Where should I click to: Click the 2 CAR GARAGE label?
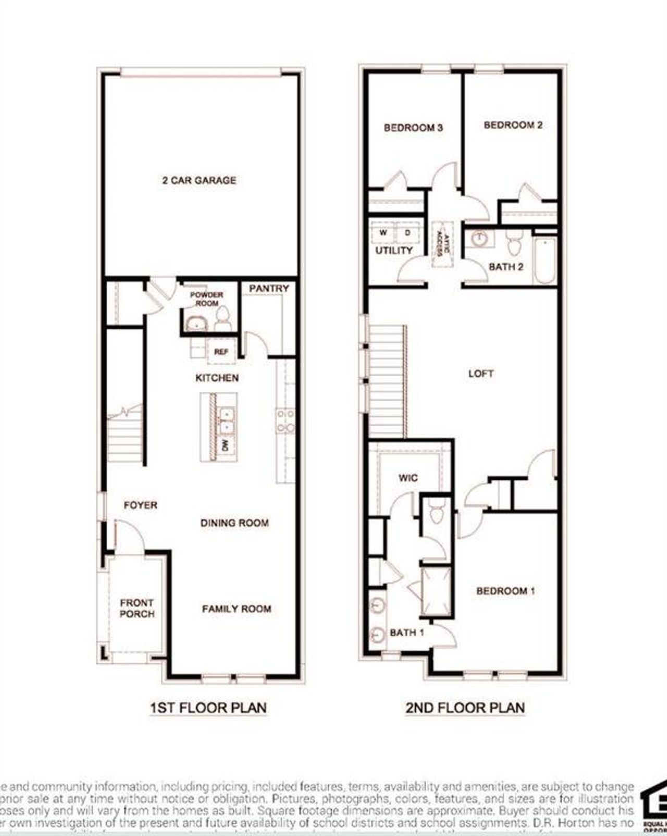coord(199,180)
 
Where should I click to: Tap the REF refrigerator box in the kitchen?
coord(221,352)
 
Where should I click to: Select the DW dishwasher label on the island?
coord(226,446)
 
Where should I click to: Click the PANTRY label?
coord(268,288)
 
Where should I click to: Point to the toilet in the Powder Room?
coord(223,318)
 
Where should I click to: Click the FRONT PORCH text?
coord(137,608)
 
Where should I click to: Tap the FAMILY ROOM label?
coord(237,608)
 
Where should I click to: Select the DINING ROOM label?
coord(234,523)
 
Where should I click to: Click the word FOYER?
coord(141,505)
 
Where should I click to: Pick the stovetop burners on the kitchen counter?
coord(286,421)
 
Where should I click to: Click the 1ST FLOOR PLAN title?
coord(208,708)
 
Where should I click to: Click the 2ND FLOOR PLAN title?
coord(465,708)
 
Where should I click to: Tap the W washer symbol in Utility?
coord(383,232)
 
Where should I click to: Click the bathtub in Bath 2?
coord(545,260)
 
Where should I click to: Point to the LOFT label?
coord(480,373)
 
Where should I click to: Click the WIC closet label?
coord(408,477)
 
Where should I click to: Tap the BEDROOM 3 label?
coord(413,127)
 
